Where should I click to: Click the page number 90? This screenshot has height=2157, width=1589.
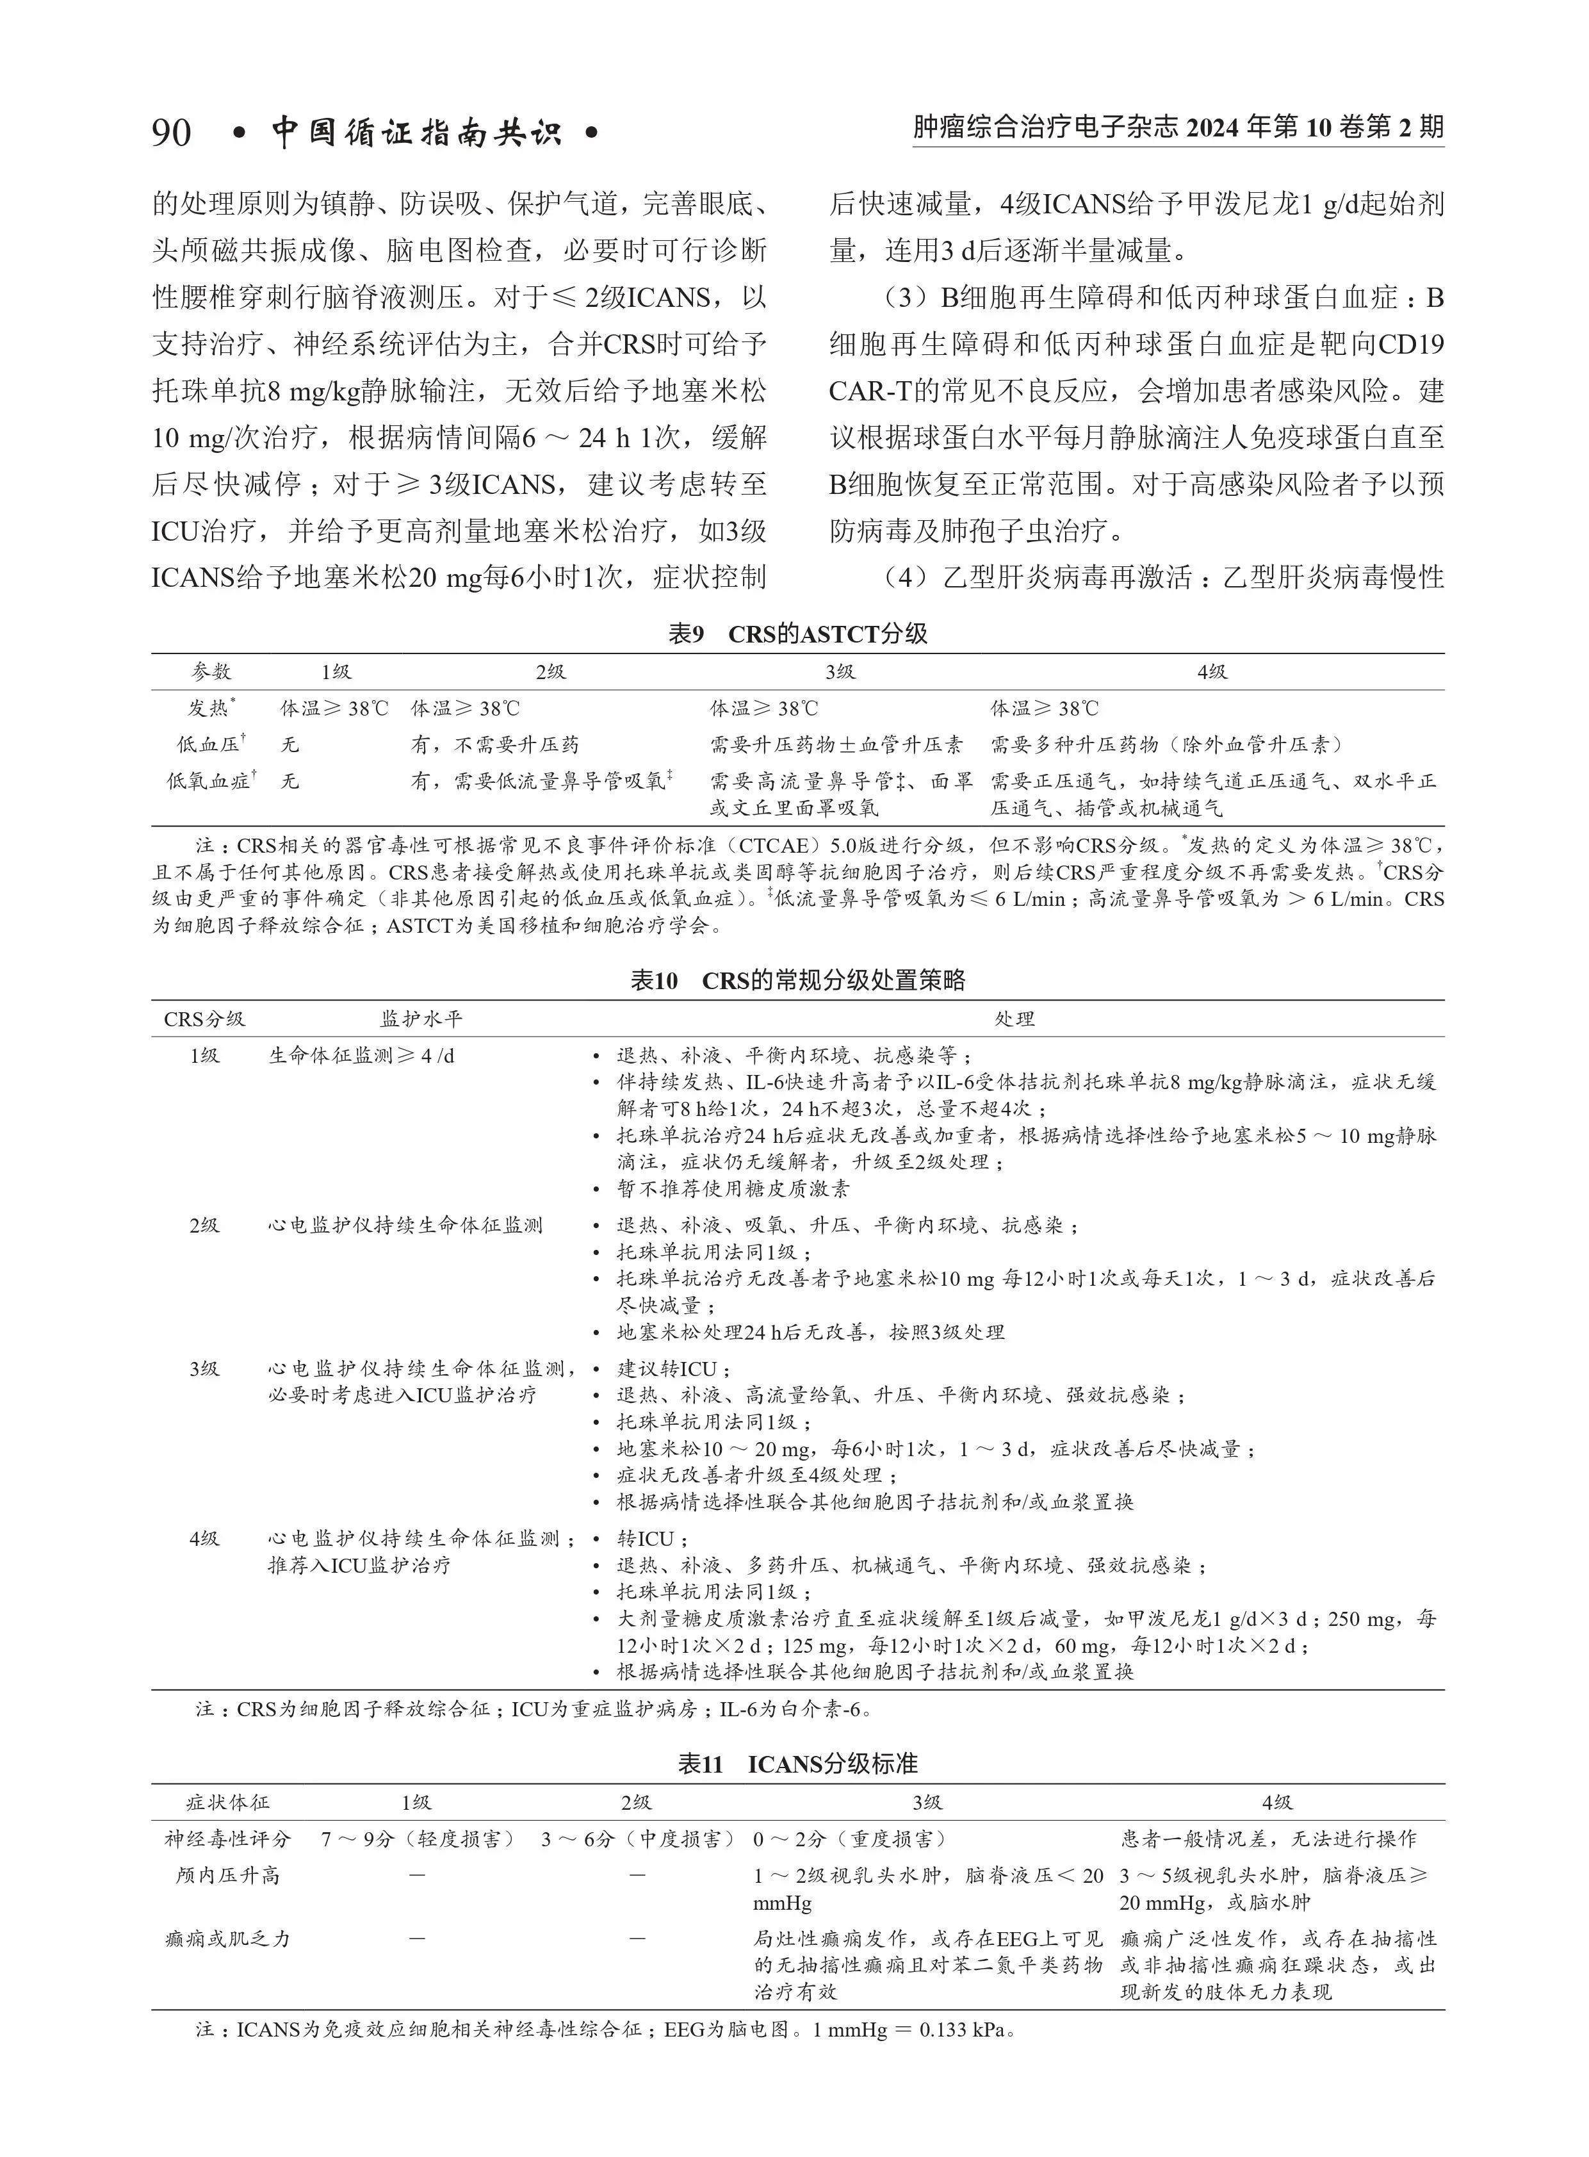[x=171, y=132]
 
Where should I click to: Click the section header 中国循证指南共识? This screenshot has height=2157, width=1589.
[x=416, y=132]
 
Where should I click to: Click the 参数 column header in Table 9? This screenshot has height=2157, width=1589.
[x=211, y=671]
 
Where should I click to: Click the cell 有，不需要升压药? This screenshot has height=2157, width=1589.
[x=494, y=744]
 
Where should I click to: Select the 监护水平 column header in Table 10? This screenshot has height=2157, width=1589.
[x=420, y=1018]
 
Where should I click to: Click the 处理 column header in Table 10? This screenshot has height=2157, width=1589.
[x=1014, y=1018]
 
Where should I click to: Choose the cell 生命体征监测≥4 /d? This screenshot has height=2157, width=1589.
[x=361, y=1055]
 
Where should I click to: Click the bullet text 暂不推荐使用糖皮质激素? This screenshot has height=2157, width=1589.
[x=733, y=1188]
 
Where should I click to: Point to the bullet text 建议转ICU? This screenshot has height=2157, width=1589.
[x=673, y=1368]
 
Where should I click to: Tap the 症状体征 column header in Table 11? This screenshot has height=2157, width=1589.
[x=228, y=1802]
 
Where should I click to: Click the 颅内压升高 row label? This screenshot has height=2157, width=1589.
[x=228, y=1875]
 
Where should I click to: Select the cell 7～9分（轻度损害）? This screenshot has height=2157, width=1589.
[x=416, y=1839]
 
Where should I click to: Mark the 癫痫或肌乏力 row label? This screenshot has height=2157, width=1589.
[x=228, y=1939]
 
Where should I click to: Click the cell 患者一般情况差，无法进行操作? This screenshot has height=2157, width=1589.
[x=1267, y=1839]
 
